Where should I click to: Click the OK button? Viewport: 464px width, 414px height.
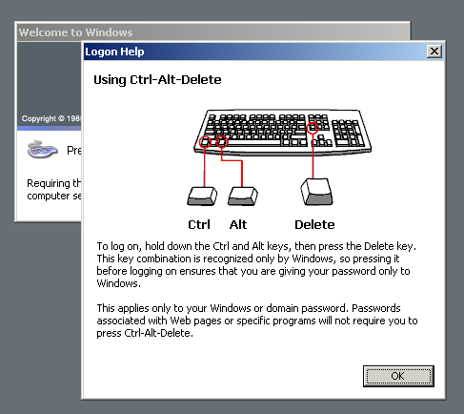click(398, 376)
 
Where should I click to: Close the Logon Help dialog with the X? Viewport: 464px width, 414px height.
click(434, 52)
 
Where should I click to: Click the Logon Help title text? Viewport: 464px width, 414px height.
click(114, 52)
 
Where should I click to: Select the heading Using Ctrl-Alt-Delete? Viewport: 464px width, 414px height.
click(157, 79)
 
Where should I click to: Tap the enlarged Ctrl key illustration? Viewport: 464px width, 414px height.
click(202, 196)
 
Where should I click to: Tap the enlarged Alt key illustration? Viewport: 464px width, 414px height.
click(243, 196)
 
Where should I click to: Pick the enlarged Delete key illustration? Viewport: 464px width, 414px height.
click(316, 192)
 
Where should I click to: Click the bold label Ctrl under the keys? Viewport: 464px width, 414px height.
click(199, 225)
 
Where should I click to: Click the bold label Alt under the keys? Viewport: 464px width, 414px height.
click(238, 225)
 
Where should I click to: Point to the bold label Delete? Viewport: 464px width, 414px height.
click(314, 225)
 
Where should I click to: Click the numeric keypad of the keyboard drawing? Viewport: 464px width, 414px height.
click(349, 134)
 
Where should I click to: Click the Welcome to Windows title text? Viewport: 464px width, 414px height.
click(75, 32)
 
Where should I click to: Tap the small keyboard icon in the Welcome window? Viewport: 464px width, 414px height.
click(43, 149)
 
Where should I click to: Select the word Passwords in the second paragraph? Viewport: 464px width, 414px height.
click(376, 308)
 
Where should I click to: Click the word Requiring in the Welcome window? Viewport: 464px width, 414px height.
click(49, 183)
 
